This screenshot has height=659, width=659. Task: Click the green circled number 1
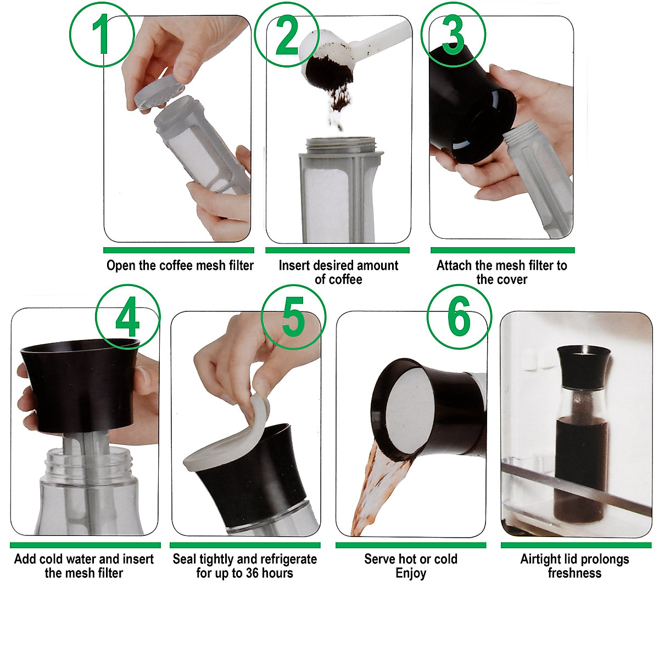(102, 34)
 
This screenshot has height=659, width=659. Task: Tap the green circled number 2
(287, 34)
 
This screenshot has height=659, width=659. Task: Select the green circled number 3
(453, 34)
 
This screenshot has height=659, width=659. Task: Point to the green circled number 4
(127, 317)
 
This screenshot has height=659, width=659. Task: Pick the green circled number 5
(293, 317)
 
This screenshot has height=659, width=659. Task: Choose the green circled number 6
(459, 317)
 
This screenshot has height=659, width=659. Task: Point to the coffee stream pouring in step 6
(379, 489)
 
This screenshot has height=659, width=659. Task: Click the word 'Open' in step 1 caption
(121, 266)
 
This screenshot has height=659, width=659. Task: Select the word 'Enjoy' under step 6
(411, 573)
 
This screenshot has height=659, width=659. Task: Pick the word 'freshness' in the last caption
(574, 573)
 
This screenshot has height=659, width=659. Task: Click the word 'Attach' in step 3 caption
(454, 266)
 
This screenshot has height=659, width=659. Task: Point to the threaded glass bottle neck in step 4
(88, 467)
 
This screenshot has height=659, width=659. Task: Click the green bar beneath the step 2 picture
(337, 250)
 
